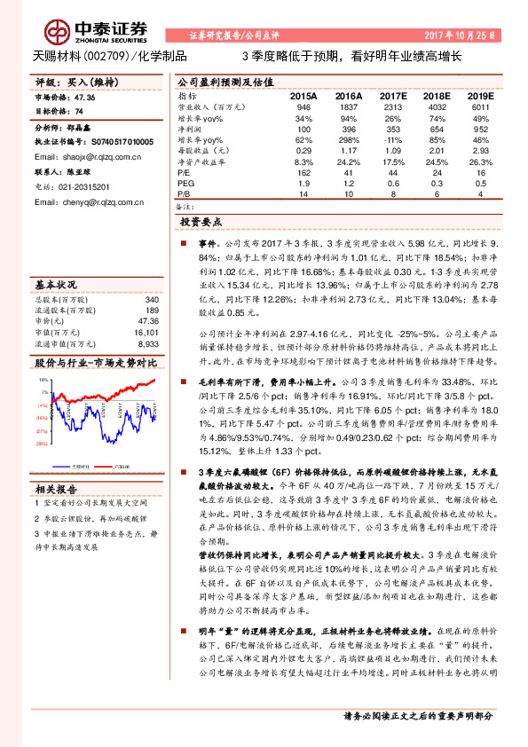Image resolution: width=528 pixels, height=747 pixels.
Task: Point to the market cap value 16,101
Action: [x=146, y=332]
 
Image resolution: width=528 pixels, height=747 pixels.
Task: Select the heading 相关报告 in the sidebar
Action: [x=58, y=489]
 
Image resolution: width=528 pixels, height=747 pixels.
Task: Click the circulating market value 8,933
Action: [x=148, y=342]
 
